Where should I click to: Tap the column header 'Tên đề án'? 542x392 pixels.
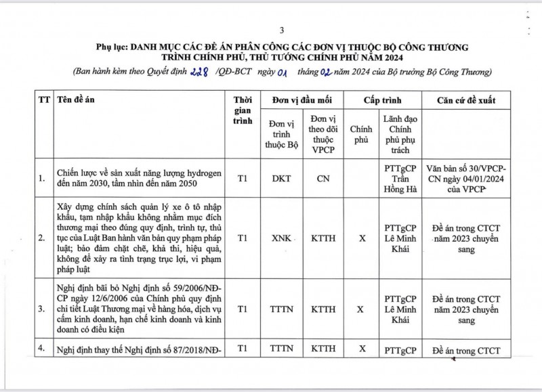click(77, 100)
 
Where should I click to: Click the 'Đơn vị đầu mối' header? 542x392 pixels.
click(302, 100)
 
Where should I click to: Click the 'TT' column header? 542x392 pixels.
click(44, 100)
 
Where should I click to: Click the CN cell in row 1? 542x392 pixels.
click(322, 179)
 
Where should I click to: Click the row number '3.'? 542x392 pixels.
click(43, 309)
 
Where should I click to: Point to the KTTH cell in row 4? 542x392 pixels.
click(322, 350)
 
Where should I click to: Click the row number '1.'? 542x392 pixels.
click(43, 179)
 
